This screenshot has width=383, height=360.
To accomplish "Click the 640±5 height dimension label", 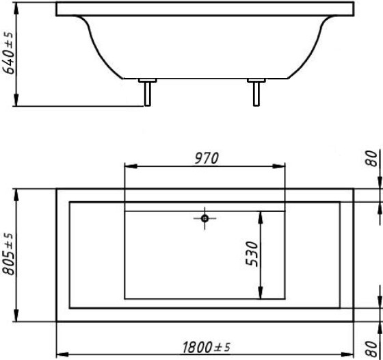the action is click(x=8, y=53).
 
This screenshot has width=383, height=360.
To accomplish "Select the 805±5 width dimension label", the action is click(x=8, y=254).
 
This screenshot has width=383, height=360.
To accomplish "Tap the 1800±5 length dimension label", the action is click(x=207, y=347).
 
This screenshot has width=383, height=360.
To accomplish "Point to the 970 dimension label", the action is click(x=207, y=158).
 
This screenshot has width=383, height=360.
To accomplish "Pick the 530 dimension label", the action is click(x=252, y=254).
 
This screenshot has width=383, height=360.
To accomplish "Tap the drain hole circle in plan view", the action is click(x=204, y=218).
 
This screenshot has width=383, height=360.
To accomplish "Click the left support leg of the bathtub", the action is click(x=147, y=94).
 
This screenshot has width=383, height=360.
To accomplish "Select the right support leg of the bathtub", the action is click(x=256, y=94).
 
